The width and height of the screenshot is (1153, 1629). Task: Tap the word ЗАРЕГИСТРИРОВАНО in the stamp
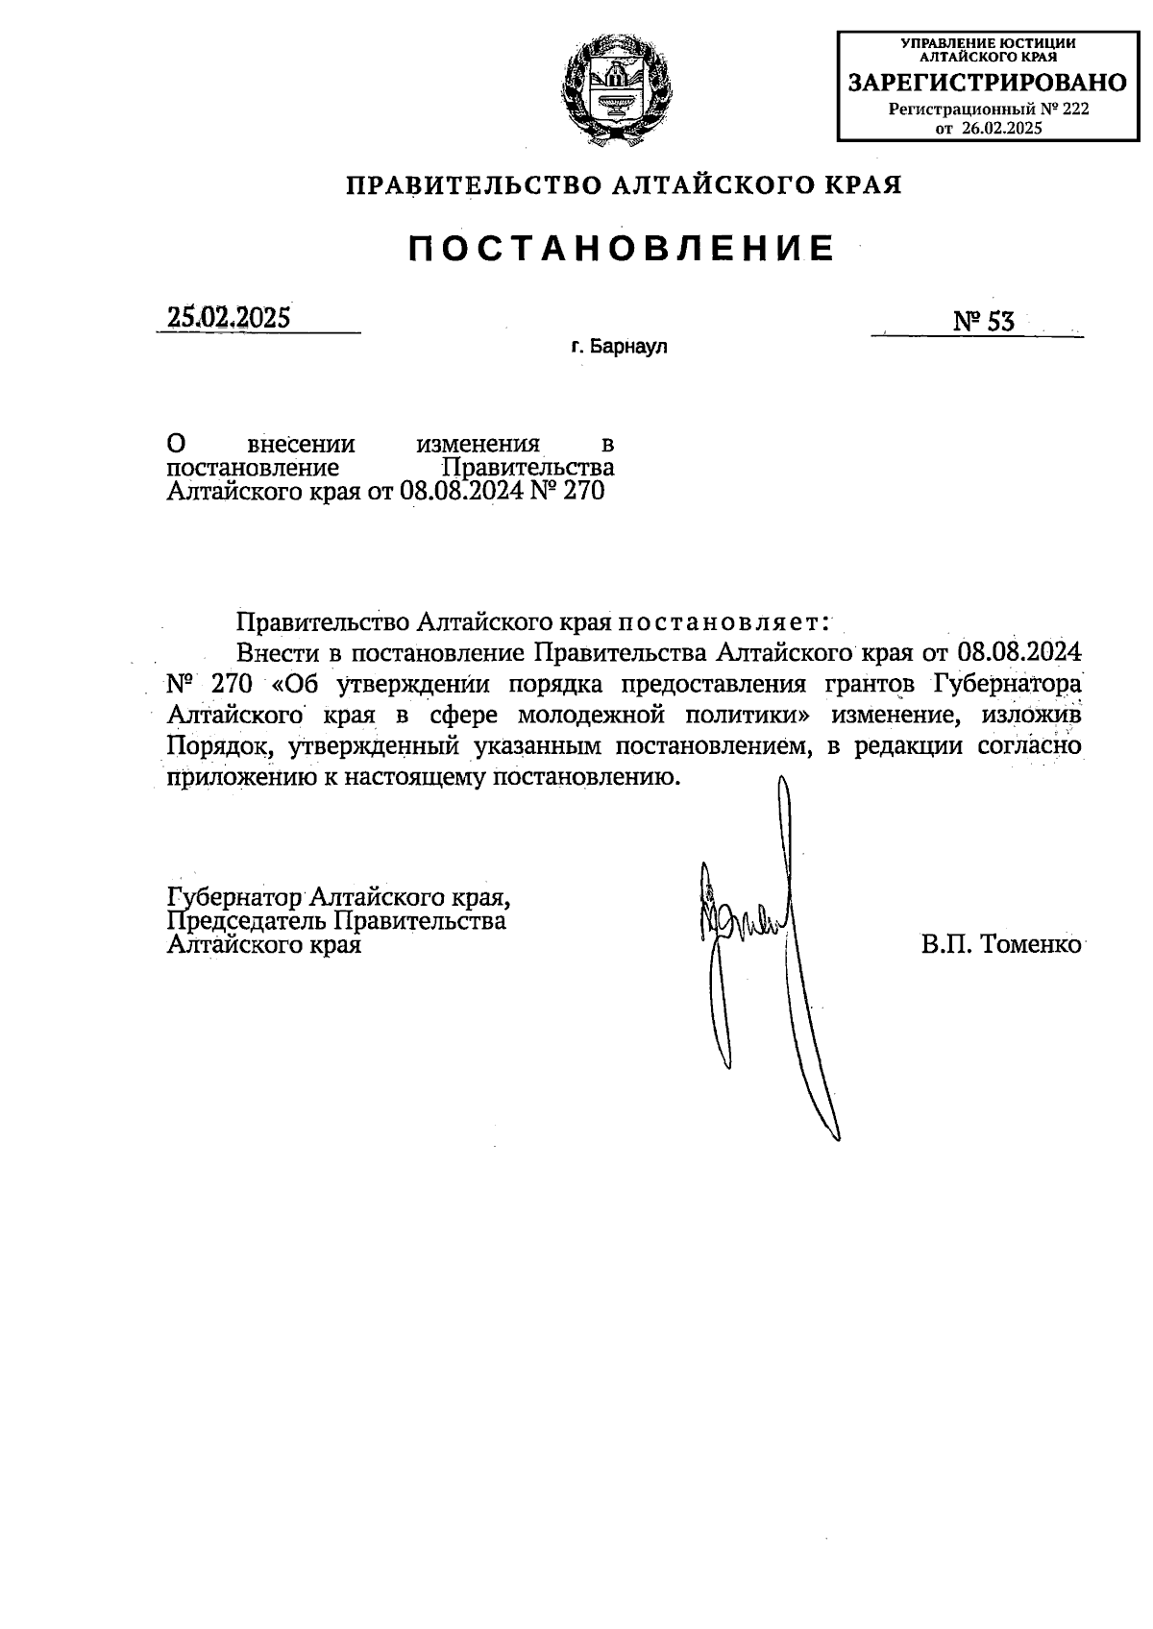987,84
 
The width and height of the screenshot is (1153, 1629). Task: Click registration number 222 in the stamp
1075,109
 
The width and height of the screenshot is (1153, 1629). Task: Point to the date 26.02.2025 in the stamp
1002,128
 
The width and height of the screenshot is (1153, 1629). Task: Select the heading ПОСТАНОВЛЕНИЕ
621,249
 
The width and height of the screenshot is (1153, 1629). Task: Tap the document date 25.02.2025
229,318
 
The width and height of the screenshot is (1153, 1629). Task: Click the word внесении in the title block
302,445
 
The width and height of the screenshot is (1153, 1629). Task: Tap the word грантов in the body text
869,684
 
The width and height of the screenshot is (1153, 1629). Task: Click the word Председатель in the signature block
248,922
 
